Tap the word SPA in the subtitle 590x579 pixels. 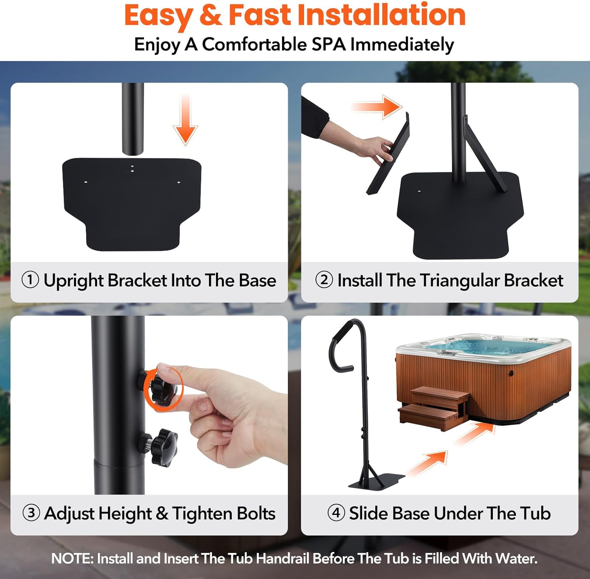coord(329,44)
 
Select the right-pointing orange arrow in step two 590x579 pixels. coord(378,107)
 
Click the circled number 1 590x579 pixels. coord(30,280)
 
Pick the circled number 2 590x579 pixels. coord(324,280)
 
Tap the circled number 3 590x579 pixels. coord(31,513)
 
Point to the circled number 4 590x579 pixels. coord(336,513)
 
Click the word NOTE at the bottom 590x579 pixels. coord(72,558)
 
